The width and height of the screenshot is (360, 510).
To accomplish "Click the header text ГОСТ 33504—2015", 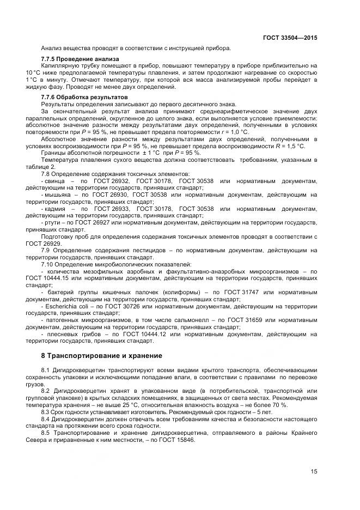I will (x=291, y=38).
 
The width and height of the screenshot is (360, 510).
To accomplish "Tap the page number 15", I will (x=314, y=472).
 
